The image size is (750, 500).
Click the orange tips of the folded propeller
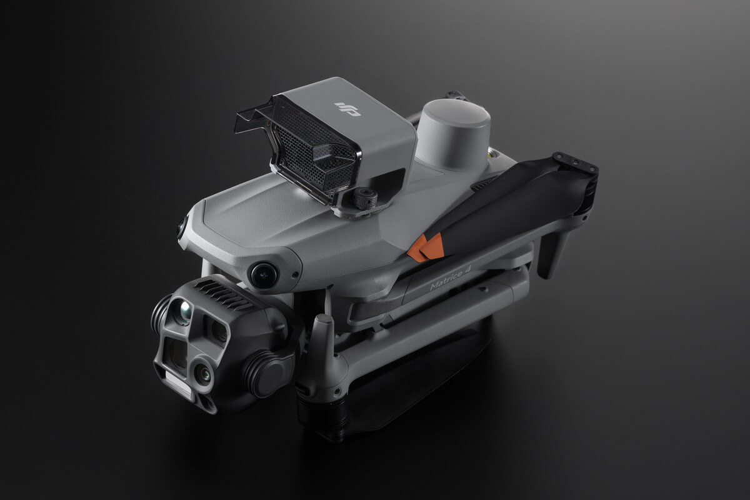pos(426,246)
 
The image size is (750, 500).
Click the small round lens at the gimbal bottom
pos(202,373)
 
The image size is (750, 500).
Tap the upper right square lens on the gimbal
pos(216,329)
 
